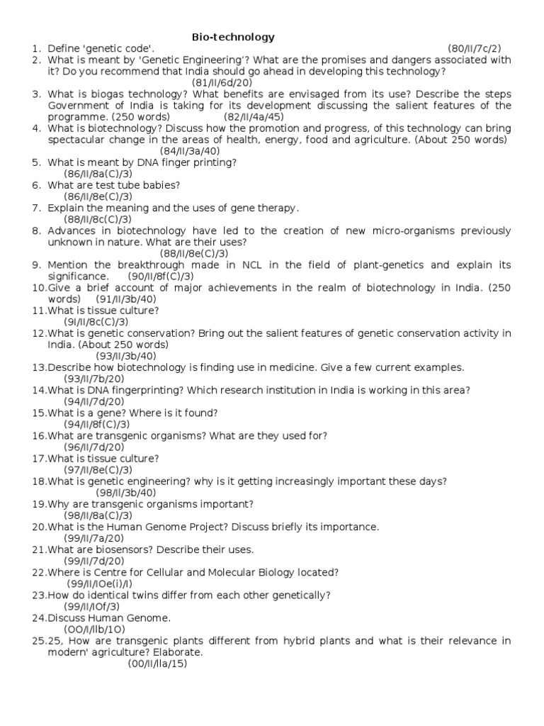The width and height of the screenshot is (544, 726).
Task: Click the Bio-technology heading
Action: [234, 37]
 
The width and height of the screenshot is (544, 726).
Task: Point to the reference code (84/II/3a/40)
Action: [189, 151]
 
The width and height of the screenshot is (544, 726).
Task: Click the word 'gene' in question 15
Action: [118, 412]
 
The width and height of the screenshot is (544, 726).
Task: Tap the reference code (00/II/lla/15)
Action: [157, 663]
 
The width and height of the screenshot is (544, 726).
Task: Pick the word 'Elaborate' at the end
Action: [176, 652]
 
